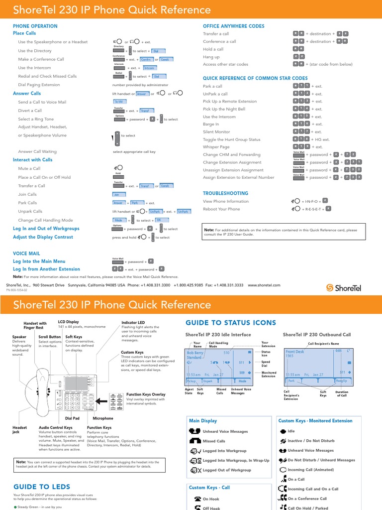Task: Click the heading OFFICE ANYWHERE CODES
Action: coord(233,26)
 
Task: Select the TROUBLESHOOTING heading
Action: coord(225,193)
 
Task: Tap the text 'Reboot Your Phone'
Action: coord(221,209)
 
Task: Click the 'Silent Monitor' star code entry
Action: coord(216,131)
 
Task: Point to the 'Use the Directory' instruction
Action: coord(35,51)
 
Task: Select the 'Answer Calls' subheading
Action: coord(27,93)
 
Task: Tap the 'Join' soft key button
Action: coord(118,195)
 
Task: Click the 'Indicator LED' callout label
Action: coord(133,323)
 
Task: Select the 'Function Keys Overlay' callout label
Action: coord(146,394)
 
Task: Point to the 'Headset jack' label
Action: coord(20,430)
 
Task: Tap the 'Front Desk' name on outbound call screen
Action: coord(295,352)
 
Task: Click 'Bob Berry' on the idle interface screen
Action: coord(195,353)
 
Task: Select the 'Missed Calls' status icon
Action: coord(195,441)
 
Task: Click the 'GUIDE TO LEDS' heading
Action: coord(42,487)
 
